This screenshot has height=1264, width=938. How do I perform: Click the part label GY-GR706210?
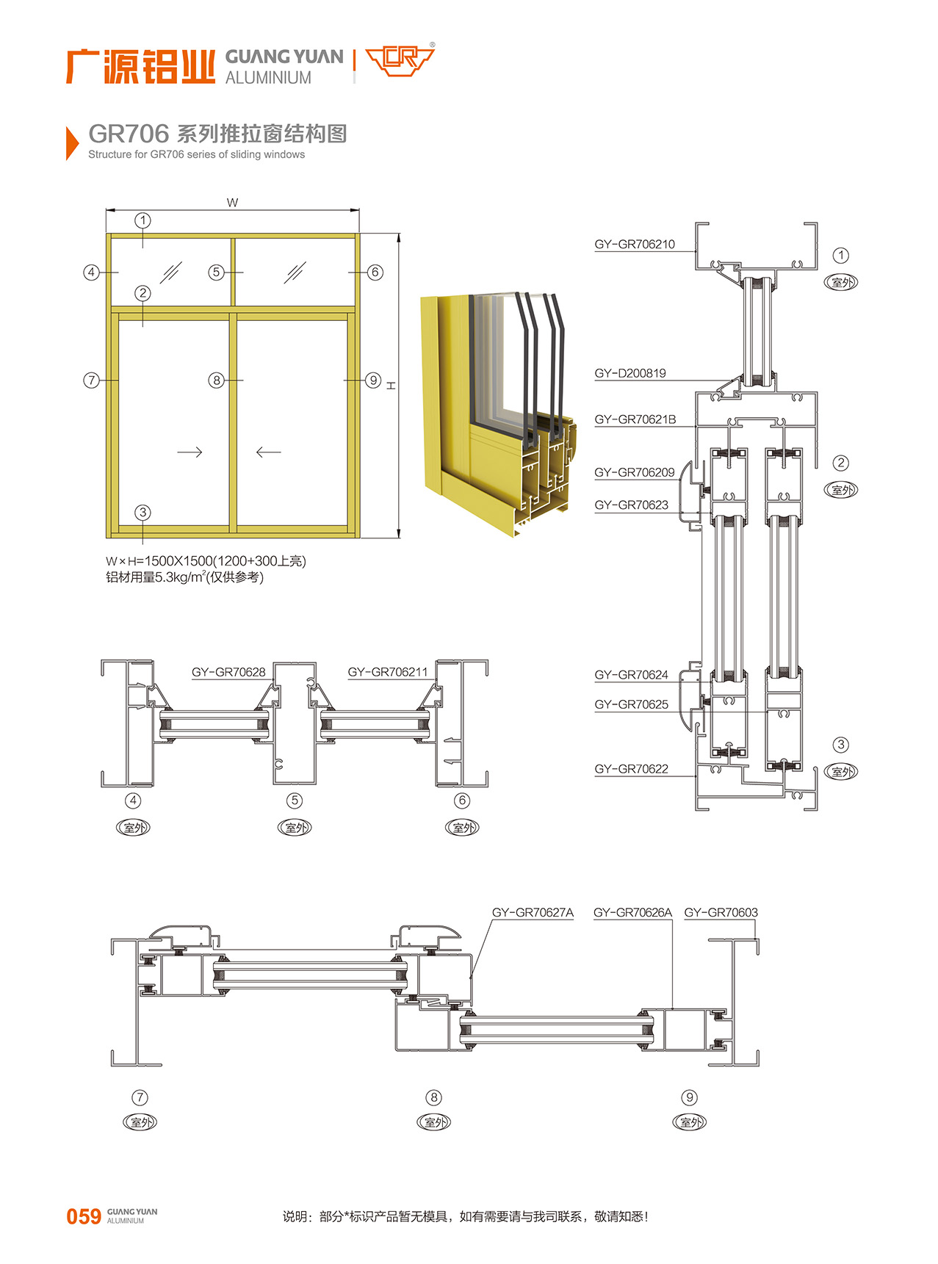pos(635,245)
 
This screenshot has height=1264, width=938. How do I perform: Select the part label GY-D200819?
pos(630,373)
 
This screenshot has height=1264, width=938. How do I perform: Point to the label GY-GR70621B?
pos(635,419)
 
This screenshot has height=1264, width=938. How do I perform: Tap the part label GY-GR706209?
pos(635,472)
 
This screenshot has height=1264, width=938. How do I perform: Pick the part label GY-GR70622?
pos(632,769)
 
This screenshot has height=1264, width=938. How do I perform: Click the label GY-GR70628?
pos(228,672)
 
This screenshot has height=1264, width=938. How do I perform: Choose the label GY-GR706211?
pos(388,672)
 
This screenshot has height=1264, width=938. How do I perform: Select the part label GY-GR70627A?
pos(533,912)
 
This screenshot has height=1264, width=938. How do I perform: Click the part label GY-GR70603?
pos(721,912)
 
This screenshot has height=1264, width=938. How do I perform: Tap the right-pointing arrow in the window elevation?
pos(190,452)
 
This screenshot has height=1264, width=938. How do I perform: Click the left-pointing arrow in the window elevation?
pos(268,452)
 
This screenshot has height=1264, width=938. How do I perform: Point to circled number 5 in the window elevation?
pos(216,272)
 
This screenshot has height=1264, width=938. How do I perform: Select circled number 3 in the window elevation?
pos(142,513)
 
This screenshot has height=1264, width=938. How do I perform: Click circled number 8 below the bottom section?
pos(434,1097)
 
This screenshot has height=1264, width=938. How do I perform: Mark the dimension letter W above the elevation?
pos(232,203)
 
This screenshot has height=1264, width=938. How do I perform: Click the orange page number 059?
pos(84,1217)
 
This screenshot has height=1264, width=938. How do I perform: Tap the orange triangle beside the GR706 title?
pos(72,142)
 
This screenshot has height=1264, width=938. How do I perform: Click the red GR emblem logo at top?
pos(400,60)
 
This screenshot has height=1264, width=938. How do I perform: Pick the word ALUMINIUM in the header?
pos(268,78)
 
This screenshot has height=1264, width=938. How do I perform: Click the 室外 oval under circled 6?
pos(463,828)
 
